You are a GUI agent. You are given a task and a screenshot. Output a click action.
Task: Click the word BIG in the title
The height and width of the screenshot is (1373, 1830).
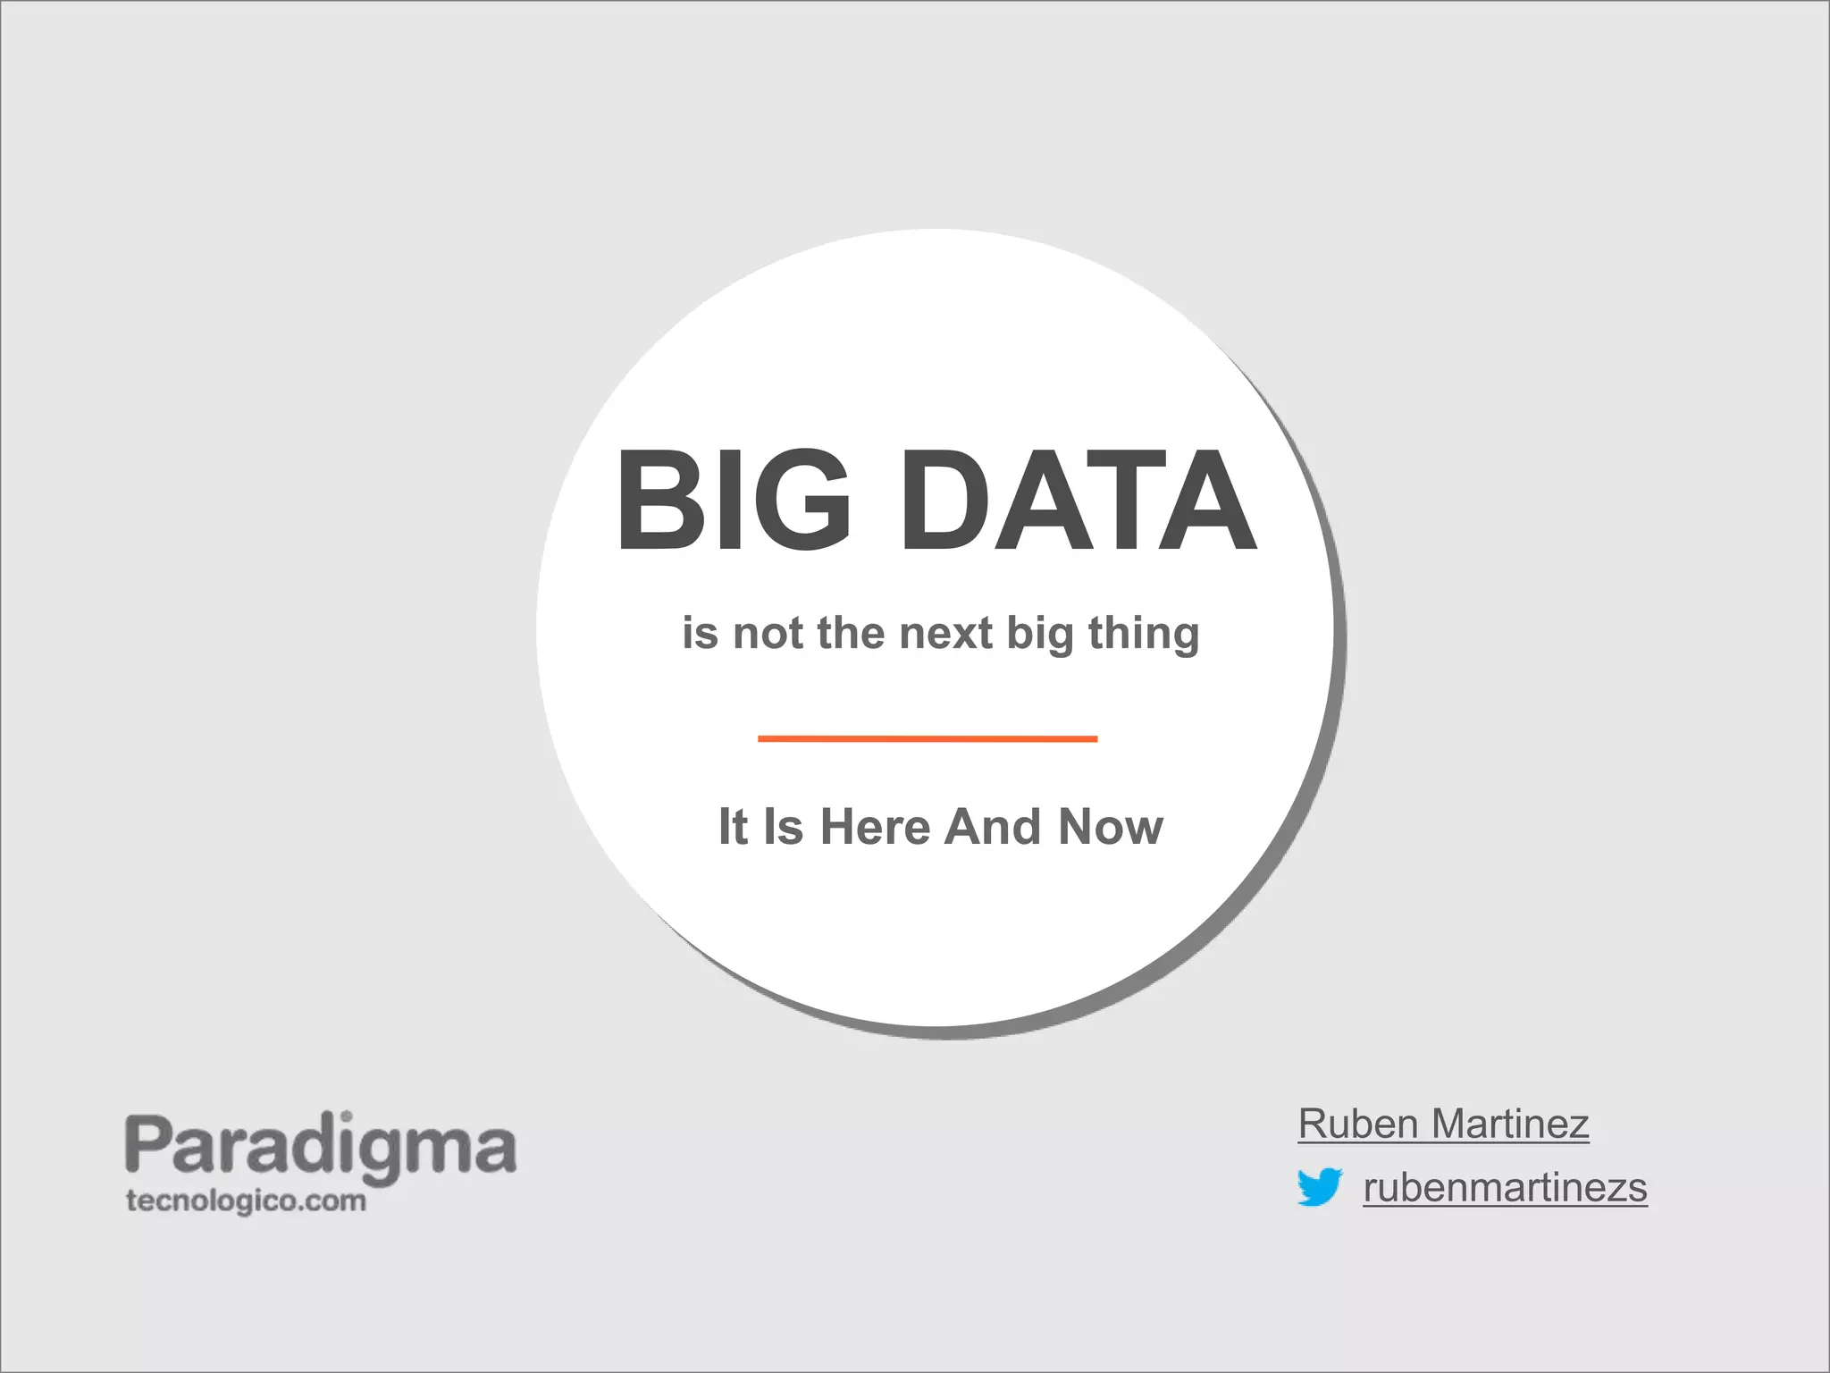click(x=733, y=501)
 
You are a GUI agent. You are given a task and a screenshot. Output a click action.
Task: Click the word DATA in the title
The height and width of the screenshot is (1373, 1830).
click(x=1079, y=501)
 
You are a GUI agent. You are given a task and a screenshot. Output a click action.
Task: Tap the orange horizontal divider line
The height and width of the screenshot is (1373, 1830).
click(x=927, y=738)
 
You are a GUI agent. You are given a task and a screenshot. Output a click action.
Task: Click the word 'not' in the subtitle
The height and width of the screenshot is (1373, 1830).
click(x=768, y=634)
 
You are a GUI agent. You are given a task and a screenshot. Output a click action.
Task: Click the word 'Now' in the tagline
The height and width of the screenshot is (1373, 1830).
click(x=1111, y=827)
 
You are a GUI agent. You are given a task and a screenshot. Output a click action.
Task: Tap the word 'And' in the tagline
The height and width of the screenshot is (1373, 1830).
click(x=994, y=827)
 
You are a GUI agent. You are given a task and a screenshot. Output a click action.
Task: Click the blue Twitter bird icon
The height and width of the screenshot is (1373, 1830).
click(x=1319, y=1186)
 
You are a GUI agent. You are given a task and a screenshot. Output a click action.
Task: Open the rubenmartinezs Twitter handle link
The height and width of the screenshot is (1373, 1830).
click(x=1505, y=1188)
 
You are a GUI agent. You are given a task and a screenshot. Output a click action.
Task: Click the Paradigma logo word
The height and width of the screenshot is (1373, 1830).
click(x=320, y=1146)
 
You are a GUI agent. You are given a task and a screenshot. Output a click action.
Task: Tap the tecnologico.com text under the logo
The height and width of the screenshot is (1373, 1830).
click(x=246, y=1200)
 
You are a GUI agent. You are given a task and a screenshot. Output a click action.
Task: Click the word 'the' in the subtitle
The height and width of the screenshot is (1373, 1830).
click(x=851, y=634)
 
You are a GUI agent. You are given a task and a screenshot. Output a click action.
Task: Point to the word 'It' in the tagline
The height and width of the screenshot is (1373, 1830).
click(x=733, y=827)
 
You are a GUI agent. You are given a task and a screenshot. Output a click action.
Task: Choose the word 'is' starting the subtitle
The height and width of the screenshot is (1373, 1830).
click(x=700, y=634)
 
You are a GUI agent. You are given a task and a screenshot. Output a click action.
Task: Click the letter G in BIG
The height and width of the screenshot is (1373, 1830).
click(x=803, y=501)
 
